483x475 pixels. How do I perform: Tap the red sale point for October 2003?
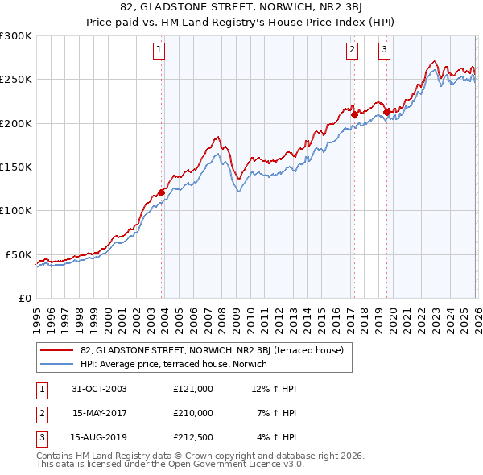[162, 192]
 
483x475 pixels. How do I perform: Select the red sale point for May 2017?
[354, 114]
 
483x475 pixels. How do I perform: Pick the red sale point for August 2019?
[386, 112]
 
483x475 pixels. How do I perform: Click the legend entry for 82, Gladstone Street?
[212, 350]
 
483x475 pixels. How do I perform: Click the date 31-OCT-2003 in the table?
[99, 389]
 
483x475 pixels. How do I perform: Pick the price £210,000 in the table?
[193, 413]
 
